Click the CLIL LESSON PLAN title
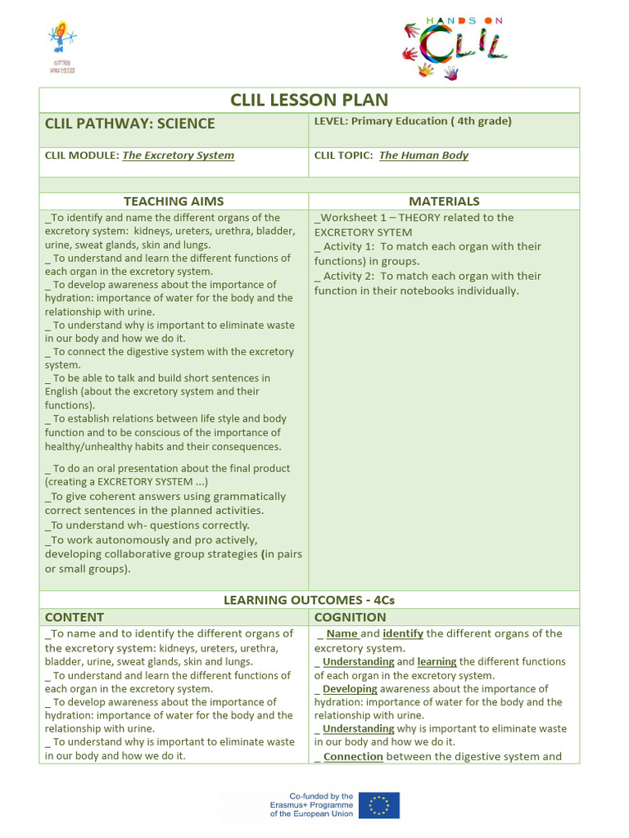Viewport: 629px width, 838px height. coord(309,100)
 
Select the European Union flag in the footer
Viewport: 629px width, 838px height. coord(379,805)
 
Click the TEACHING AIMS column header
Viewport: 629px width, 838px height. coord(174,201)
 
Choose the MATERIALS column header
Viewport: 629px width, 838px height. coord(444,201)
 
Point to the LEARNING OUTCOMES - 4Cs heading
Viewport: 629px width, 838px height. coord(309,600)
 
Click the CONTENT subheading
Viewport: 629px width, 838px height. coord(75,617)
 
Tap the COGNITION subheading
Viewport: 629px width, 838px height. coord(350,617)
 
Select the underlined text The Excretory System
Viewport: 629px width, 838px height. coord(178,155)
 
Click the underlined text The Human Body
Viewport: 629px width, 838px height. coord(423,155)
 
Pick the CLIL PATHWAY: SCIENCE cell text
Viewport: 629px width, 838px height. coord(130,124)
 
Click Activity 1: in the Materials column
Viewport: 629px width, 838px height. coord(349,246)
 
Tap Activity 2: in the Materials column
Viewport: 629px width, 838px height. coord(349,276)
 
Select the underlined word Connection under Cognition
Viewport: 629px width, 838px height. coord(353,757)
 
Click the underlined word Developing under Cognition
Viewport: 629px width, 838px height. coord(350,689)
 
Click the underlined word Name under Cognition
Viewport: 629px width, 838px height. coord(342,633)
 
